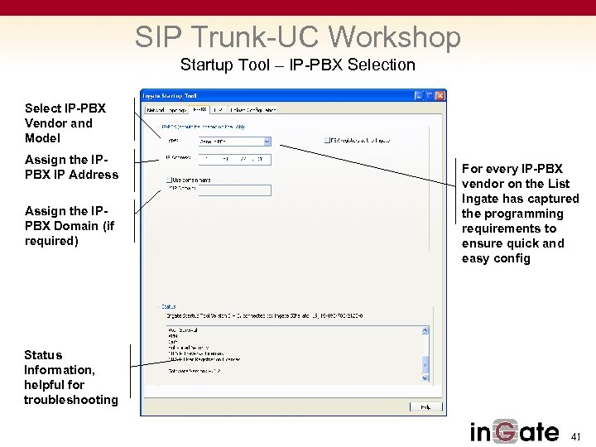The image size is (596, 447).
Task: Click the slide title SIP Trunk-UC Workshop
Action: click(298, 37)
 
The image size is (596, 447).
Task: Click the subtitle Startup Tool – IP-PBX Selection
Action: click(298, 65)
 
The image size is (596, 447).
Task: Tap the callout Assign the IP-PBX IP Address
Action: click(71, 166)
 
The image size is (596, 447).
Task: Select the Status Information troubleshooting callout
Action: click(71, 377)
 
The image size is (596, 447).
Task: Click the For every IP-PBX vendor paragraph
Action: click(521, 214)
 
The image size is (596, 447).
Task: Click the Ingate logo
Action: click(514, 431)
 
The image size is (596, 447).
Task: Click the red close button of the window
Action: click(440, 95)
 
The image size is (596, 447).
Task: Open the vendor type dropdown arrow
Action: click(267, 141)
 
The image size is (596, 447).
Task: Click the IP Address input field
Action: click(235, 159)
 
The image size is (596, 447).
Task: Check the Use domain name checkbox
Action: click(169, 179)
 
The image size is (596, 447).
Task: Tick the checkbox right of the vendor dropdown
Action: click(328, 141)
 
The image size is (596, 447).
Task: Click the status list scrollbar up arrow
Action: click(425, 330)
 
